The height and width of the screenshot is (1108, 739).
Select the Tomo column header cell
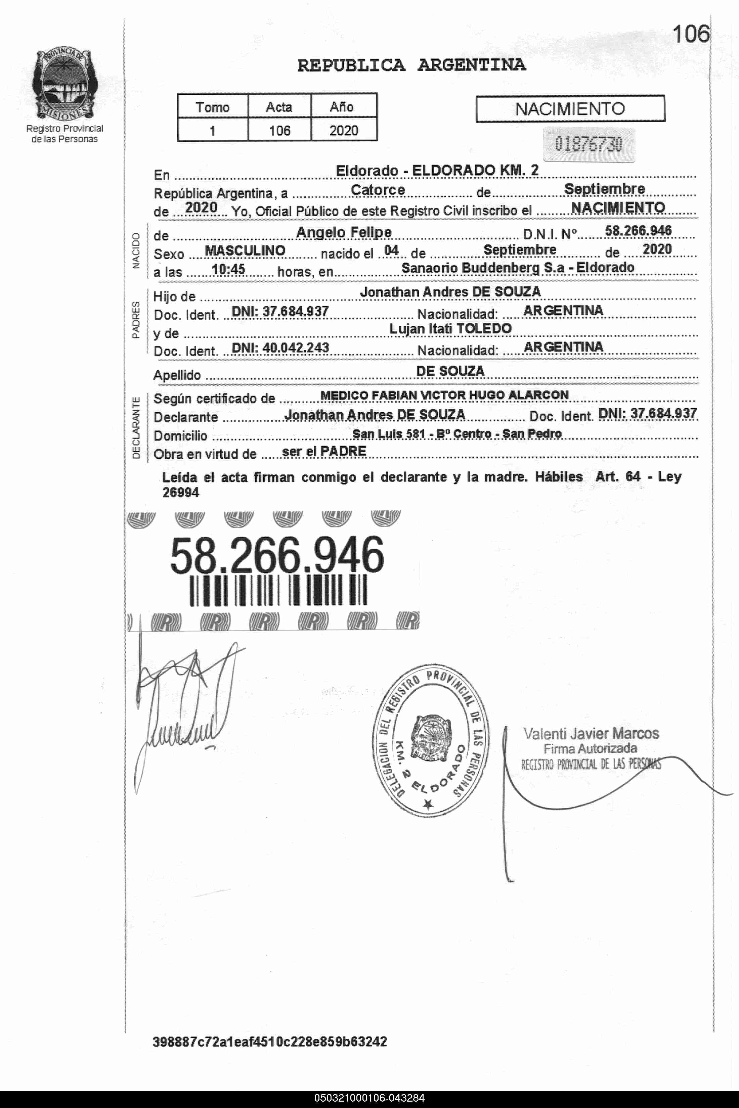point(213,107)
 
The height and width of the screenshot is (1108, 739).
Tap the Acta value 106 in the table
point(279,131)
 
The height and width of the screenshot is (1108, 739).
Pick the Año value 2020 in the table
point(344,131)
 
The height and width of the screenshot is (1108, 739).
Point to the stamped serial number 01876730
point(588,144)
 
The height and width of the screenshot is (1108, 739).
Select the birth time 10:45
point(228,270)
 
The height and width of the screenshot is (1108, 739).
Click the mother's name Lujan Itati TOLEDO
point(450,329)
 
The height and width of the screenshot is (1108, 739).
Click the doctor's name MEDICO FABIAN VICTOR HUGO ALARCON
point(444,395)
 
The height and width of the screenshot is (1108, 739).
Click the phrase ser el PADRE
point(324,451)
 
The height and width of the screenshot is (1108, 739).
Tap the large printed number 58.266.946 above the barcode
point(277,556)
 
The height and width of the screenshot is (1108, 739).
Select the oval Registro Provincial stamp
point(433,740)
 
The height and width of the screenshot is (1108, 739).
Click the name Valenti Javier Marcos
point(591,734)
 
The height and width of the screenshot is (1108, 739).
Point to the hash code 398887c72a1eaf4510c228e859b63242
point(270,1042)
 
